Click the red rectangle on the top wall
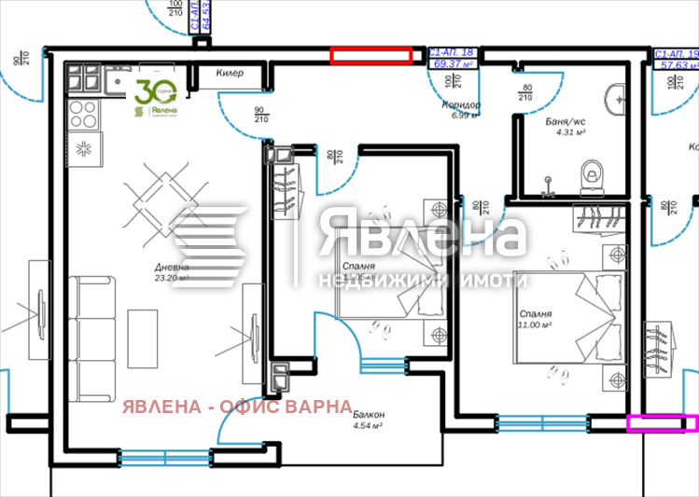coord(371,56)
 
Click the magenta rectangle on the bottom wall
coord(663,424)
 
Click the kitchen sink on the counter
coord(119,83)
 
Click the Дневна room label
coord(172,268)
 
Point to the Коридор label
coord(462,105)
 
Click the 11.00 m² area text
coord(537,325)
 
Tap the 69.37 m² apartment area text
coord(453,63)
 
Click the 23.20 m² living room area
coord(172,278)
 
